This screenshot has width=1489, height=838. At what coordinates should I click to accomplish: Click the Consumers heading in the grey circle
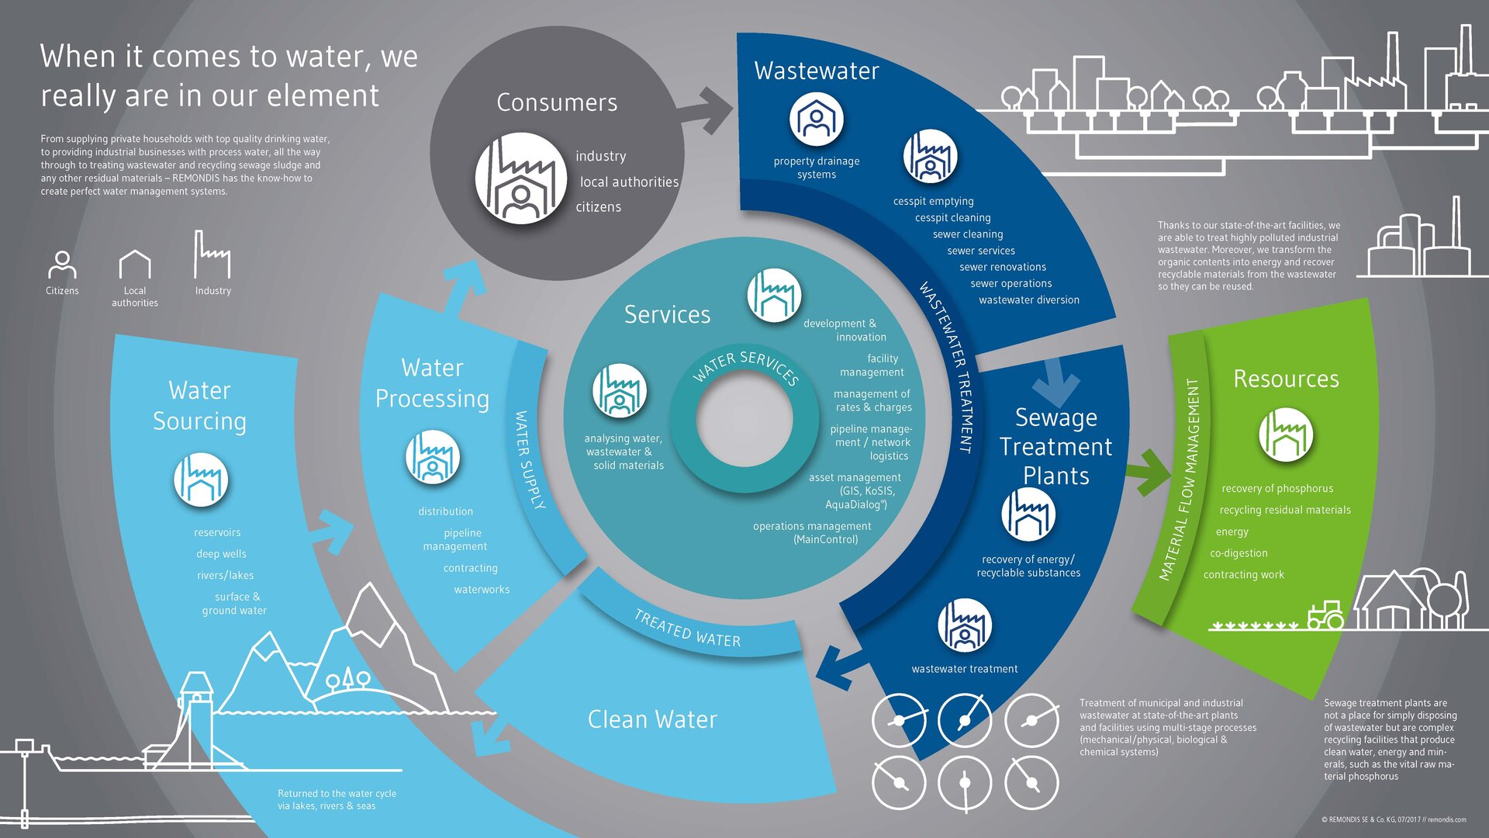pos(557,102)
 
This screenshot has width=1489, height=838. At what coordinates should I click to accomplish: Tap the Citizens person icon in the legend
pos(62,264)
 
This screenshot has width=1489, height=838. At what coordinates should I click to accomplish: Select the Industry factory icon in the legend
pos(212,254)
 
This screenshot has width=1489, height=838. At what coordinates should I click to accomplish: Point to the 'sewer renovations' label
pos(1003,267)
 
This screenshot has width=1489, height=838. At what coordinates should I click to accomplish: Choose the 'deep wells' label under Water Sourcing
pos(221,554)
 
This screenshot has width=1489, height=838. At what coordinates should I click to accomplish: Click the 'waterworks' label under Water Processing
pos(482,590)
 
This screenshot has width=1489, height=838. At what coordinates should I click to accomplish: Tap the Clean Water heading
pos(652,719)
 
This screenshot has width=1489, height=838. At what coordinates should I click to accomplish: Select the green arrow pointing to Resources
pos(1148,471)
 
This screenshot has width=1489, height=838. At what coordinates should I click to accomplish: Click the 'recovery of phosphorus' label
pos(1277,489)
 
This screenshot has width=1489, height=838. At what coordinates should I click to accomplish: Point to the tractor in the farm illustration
pos(1325,615)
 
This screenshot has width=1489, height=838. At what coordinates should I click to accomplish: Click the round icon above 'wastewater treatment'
pos(965,625)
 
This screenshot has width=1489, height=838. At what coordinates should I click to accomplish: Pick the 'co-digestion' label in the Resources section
pos(1239,553)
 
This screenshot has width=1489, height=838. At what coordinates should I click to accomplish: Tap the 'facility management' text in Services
pos(872,365)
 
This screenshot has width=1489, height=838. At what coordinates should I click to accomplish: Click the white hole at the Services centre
pos(744,419)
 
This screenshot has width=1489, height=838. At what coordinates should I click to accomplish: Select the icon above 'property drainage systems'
pos(816,119)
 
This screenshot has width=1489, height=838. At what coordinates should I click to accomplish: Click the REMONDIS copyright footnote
pos(1394,819)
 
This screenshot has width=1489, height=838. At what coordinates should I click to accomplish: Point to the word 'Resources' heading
pos(1286,379)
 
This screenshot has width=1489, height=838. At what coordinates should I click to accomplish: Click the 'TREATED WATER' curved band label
pos(687,629)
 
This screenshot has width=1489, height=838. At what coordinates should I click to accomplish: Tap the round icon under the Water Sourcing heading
pos(201,480)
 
